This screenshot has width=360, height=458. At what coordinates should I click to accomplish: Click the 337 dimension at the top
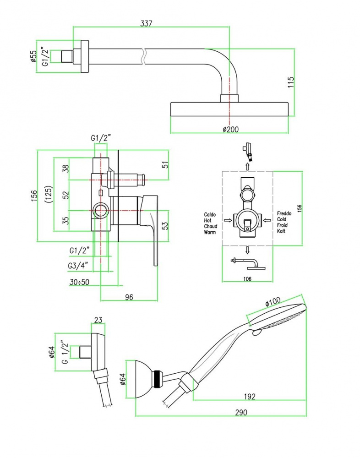tap(146, 23)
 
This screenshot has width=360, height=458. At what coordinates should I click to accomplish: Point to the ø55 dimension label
tap(33, 56)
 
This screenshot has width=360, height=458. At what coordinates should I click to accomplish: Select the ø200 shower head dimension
tap(230, 129)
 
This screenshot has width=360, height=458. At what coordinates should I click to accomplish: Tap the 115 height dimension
tap(291, 82)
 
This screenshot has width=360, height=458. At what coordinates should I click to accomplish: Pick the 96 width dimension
tap(129, 297)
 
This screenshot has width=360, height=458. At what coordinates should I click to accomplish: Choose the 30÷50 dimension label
tap(80, 282)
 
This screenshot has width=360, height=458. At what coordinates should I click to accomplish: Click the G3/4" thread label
tap(78, 266)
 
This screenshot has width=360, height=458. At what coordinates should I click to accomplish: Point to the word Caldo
tap(210, 215)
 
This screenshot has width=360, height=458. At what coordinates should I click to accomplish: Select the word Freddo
tap(284, 213)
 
